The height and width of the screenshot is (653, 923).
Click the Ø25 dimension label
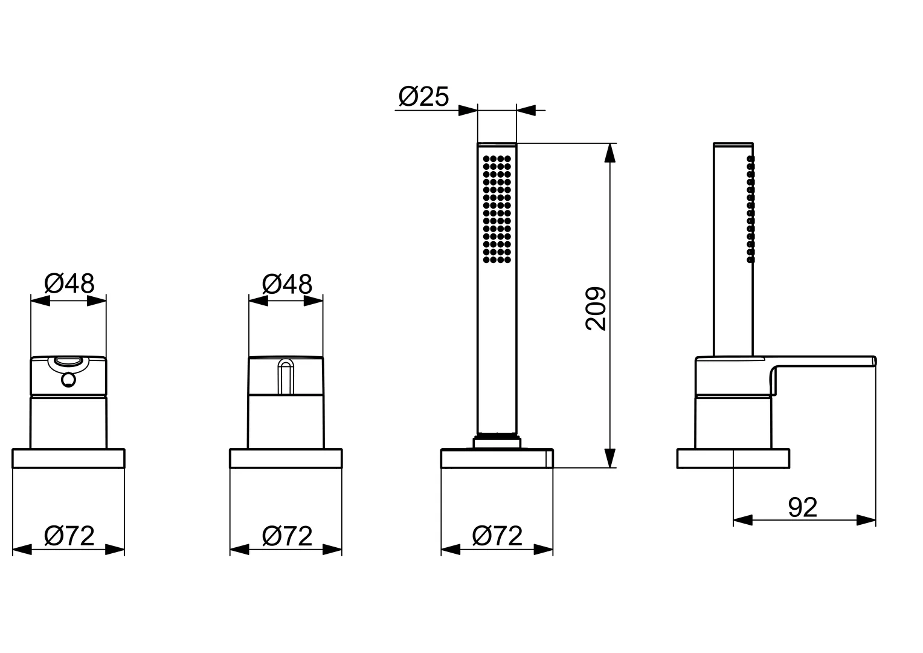pos(423,97)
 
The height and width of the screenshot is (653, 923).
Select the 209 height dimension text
pos(596,308)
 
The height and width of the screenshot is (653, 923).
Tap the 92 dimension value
pos(802,507)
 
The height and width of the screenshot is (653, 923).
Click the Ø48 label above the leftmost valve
pos(69,284)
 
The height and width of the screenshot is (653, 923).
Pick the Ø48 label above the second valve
pos(287,284)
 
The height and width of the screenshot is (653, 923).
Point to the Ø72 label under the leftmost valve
pos(69,536)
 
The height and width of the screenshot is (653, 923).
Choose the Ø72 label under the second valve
pos(287,536)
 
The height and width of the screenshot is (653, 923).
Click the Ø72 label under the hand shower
pos(497,536)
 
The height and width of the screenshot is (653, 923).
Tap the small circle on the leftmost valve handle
pos(68,380)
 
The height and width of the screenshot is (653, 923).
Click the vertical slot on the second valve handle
pos(286,376)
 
